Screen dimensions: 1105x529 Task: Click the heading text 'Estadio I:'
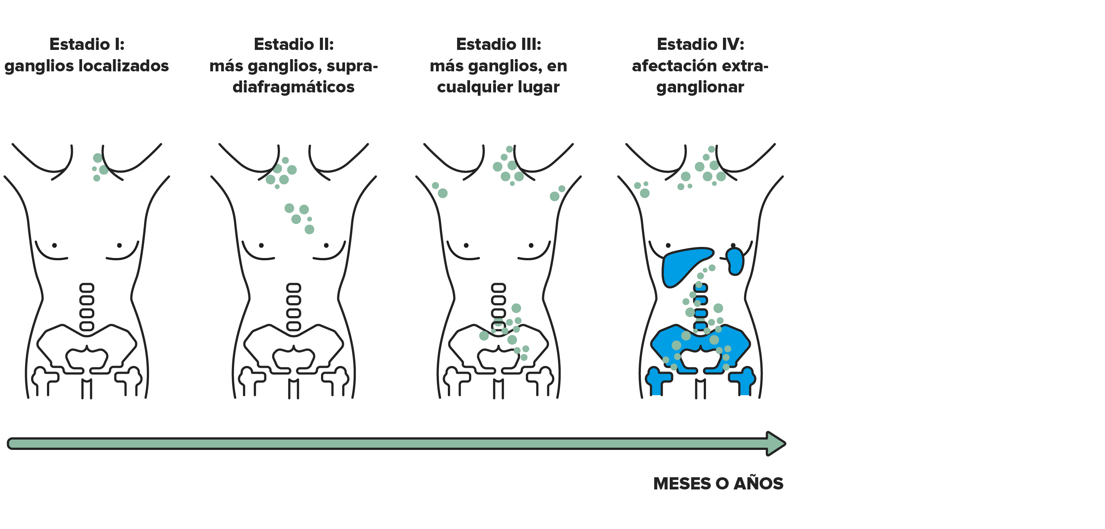click(87, 44)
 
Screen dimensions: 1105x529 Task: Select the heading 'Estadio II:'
click(294, 44)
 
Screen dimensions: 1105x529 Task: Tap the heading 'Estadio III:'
click(499, 44)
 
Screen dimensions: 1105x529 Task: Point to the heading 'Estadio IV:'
click(700, 44)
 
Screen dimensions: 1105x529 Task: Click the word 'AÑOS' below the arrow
click(758, 483)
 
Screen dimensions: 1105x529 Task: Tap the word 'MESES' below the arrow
click(682, 484)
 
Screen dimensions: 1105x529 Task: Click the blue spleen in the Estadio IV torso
click(735, 261)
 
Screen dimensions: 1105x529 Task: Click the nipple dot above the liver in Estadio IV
click(668, 245)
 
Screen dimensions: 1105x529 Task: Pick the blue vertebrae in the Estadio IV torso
click(700, 307)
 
